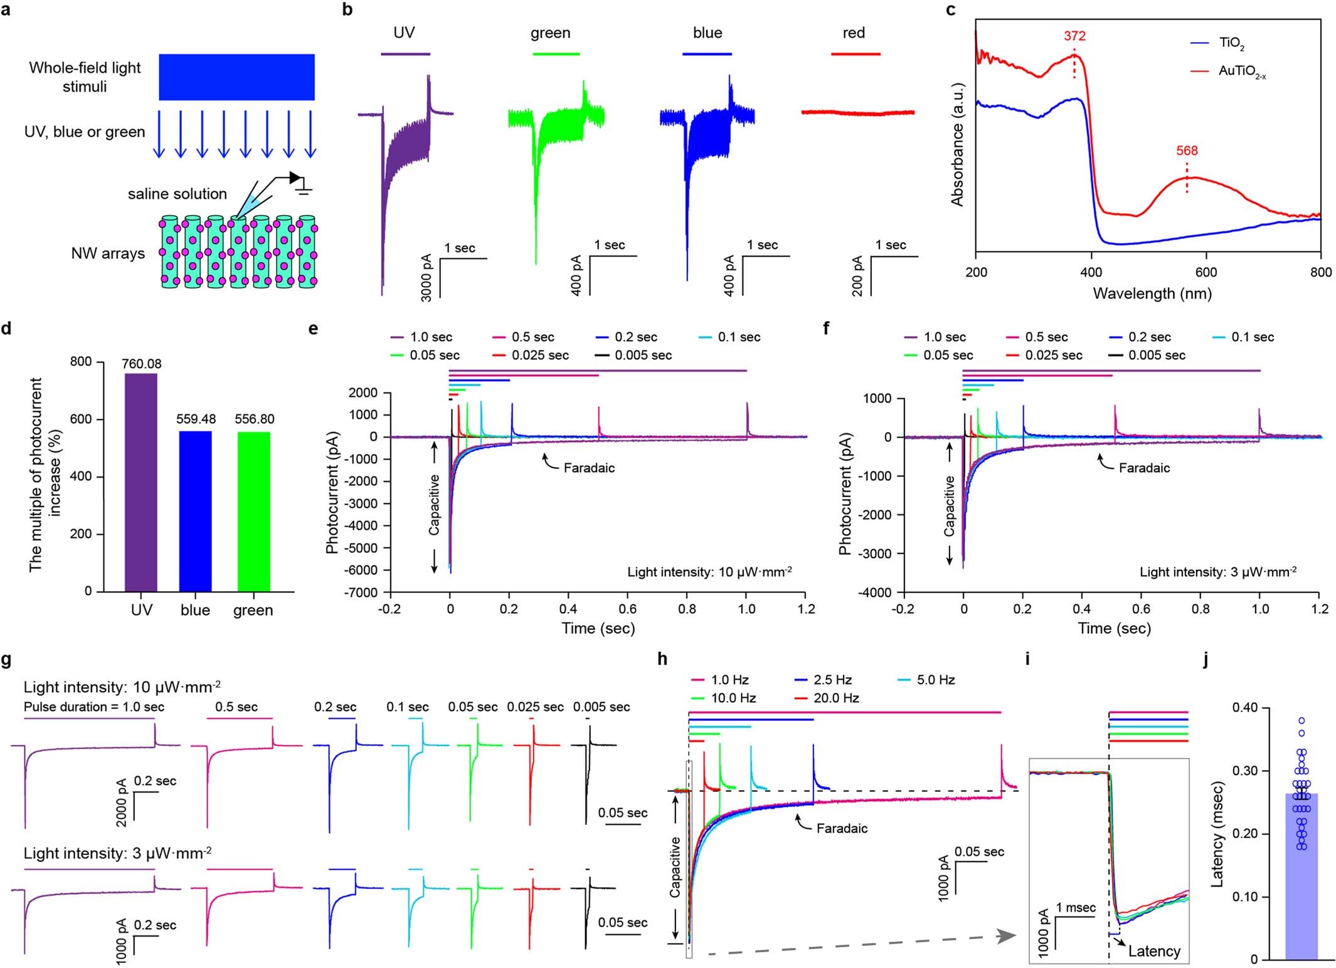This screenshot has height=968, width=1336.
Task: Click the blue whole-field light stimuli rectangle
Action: tap(236, 76)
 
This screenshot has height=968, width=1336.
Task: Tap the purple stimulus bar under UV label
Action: tap(405, 55)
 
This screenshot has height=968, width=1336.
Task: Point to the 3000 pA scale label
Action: tap(427, 277)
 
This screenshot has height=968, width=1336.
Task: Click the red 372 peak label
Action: tap(1074, 36)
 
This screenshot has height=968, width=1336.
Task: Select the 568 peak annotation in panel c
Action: tap(1187, 150)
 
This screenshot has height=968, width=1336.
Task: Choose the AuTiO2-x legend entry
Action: tap(1241, 71)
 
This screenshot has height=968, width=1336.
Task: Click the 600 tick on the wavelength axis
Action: tap(1206, 272)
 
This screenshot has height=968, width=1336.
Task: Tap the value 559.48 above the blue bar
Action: tap(196, 419)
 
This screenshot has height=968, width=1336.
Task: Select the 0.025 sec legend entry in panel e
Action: tap(539, 355)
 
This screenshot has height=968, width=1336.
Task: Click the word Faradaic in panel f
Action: tap(1144, 468)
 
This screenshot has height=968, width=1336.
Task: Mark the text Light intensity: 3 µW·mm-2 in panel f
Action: tap(1217, 572)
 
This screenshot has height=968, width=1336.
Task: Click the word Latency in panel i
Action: tap(1154, 951)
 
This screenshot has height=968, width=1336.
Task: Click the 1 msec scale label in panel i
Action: tap(1076, 907)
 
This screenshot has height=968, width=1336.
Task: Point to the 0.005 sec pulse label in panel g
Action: tap(601, 707)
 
